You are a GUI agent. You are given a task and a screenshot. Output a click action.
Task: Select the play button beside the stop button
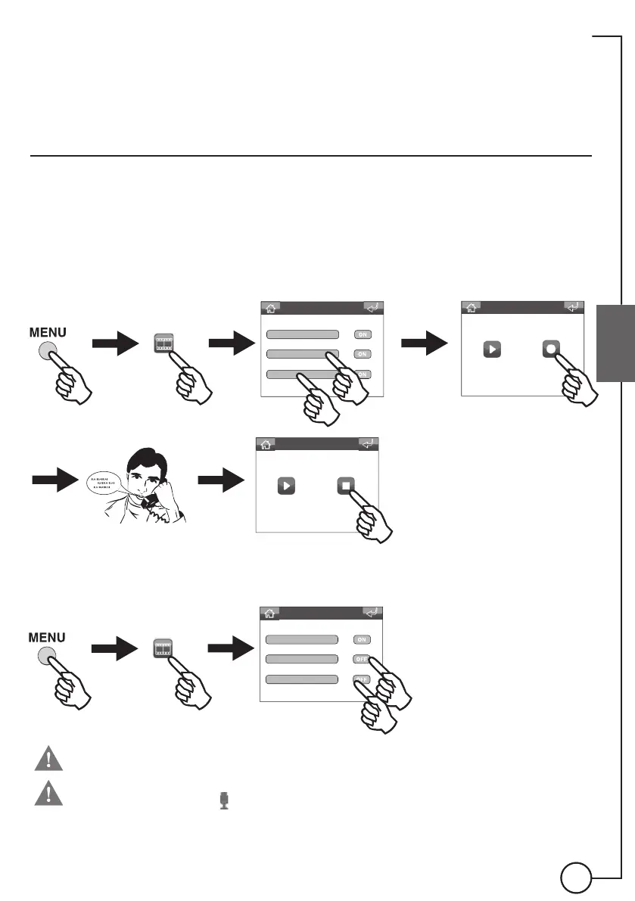(x=285, y=485)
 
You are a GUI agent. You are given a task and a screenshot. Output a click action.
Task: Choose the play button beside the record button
(x=492, y=350)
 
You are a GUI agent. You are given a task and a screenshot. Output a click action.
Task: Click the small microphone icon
(x=224, y=800)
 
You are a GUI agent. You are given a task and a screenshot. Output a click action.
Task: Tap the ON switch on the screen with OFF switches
(x=362, y=639)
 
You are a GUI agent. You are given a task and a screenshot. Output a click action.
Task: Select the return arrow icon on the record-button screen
(x=574, y=307)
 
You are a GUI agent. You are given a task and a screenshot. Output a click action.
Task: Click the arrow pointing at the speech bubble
(x=55, y=480)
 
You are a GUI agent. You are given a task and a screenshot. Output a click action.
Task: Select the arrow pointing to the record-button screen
(x=425, y=345)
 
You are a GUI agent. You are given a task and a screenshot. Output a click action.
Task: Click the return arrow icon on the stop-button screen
(x=368, y=444)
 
